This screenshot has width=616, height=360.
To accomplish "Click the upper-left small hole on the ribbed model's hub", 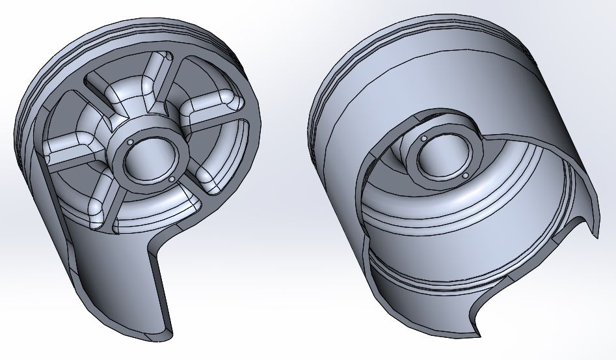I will pyautogui.click(x=130, y=141).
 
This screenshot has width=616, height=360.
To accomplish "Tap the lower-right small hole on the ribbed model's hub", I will pyautogui.click(x=172, y=180).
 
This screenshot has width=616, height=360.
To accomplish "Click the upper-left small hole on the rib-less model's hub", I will pyautogui.click(x=423, y=139).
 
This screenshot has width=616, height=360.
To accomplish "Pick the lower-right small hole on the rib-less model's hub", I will pyautogui.click(x=466, y=175).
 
